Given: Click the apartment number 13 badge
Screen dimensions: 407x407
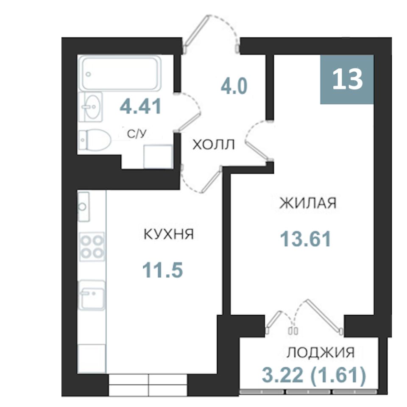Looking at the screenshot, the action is pos(347,79).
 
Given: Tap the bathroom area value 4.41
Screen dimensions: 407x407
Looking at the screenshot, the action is pos(141,106).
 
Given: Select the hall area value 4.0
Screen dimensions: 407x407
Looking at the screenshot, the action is pos(234,86).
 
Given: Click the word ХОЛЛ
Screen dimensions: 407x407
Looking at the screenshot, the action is pos(213,145).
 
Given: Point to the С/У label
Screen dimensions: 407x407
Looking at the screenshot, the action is pos(137,134).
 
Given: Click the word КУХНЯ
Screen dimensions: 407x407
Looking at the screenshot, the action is pos(169,234).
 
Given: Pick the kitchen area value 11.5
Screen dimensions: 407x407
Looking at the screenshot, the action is pos(163,270).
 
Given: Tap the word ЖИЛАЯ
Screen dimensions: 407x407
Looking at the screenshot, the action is pos(308,203).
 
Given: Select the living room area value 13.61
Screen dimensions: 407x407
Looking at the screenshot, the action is pos(306,239).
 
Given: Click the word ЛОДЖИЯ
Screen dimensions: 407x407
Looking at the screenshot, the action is pos(321,352).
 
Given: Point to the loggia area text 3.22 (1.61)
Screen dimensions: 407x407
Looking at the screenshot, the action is pos(314,375).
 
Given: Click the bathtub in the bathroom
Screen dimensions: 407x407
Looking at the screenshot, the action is pos(120,73).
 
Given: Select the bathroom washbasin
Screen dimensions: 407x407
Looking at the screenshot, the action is pos(91,107).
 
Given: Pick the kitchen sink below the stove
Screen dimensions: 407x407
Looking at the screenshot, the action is pos(92,295).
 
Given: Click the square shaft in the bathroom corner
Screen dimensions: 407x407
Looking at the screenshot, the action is pos(158,156).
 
